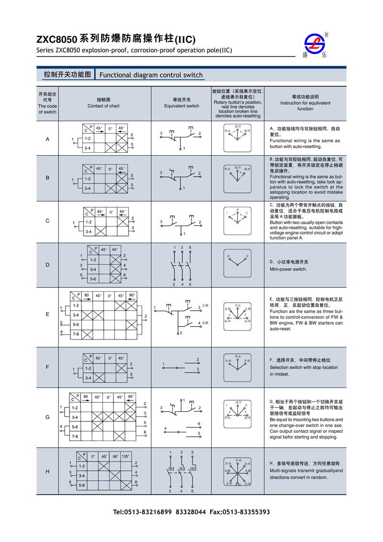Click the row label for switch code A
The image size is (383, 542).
click(x=47, y=139)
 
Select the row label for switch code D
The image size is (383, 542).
click(x=47, y=265)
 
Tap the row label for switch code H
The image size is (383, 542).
click(x=47, y=472)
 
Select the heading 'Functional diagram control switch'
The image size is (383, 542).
click(x=151, y=75)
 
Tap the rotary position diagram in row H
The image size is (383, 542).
click(x=237, y=472)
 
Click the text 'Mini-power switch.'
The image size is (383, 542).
click(x=288, y=269)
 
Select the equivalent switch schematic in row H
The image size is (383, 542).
click(x=181, y=472)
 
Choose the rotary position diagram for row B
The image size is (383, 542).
click(x=237, y=177)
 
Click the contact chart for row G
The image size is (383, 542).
click(x=103, y=418)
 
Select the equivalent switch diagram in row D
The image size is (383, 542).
click(x=181, y=265)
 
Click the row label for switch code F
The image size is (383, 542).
click(x=47, y=367)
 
